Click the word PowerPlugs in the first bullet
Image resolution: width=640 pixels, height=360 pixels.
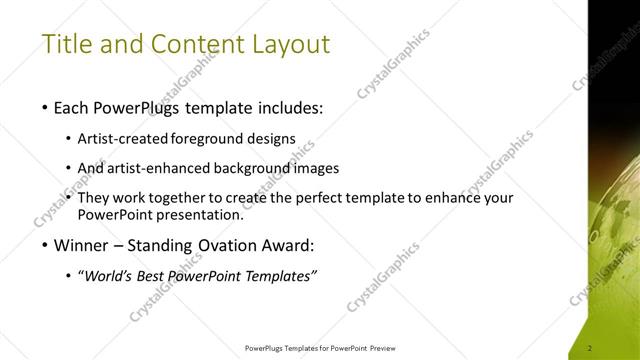coord(141,107)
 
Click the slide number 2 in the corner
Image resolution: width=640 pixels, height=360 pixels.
coord(591,348)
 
